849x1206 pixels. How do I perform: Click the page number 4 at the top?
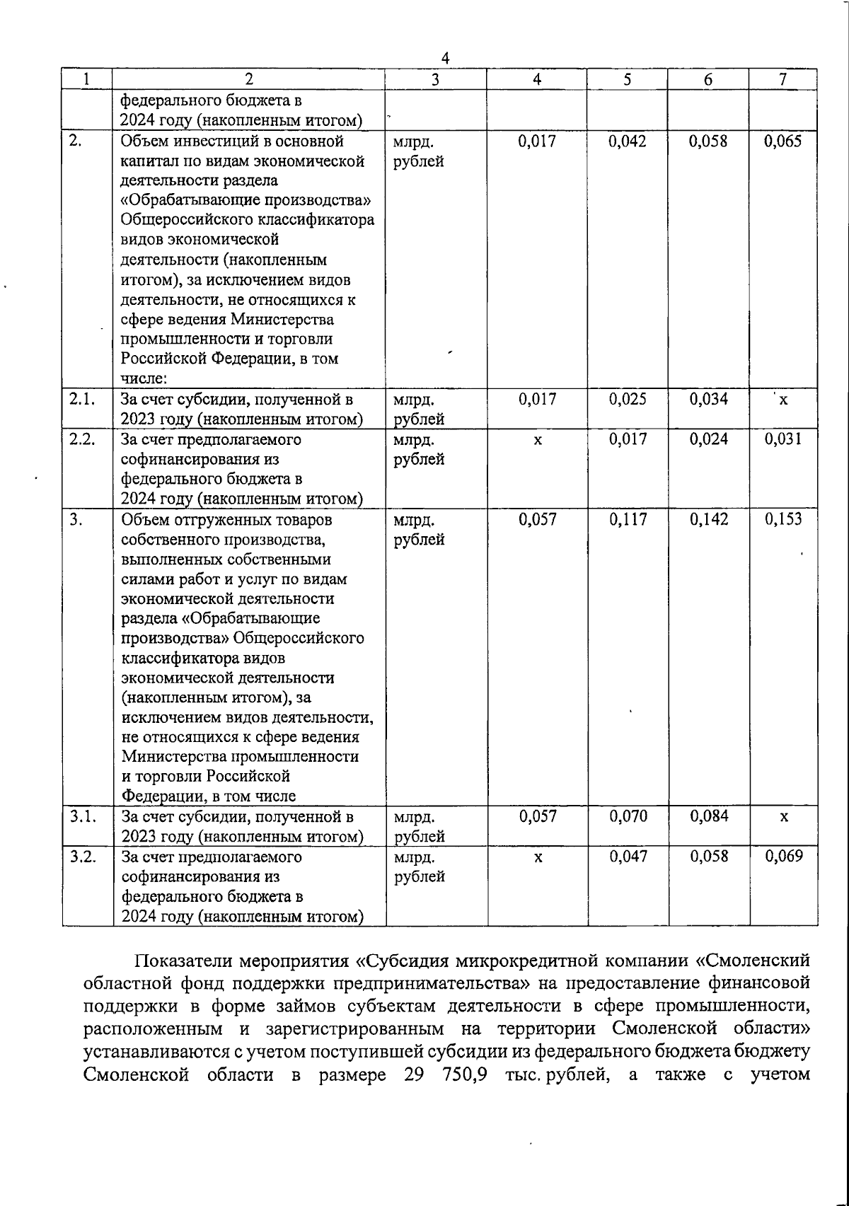[445, 58]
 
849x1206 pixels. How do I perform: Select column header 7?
[782, 80]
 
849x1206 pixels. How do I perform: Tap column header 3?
[435, 80]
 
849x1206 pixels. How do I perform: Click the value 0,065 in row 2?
[783, 141]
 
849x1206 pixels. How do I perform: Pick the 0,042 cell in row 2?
[628, 141]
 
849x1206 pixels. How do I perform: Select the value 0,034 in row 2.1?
[708, 399]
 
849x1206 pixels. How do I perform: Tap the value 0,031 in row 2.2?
[783, 439]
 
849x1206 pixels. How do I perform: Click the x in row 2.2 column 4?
[538, 441]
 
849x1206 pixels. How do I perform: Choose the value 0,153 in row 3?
[783, 519]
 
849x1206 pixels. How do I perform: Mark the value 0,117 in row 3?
[628, 519]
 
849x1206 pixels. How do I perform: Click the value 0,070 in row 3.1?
[628, 817]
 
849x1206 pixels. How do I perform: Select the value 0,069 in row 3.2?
[783, 857]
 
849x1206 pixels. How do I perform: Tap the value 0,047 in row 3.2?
[628, 857]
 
